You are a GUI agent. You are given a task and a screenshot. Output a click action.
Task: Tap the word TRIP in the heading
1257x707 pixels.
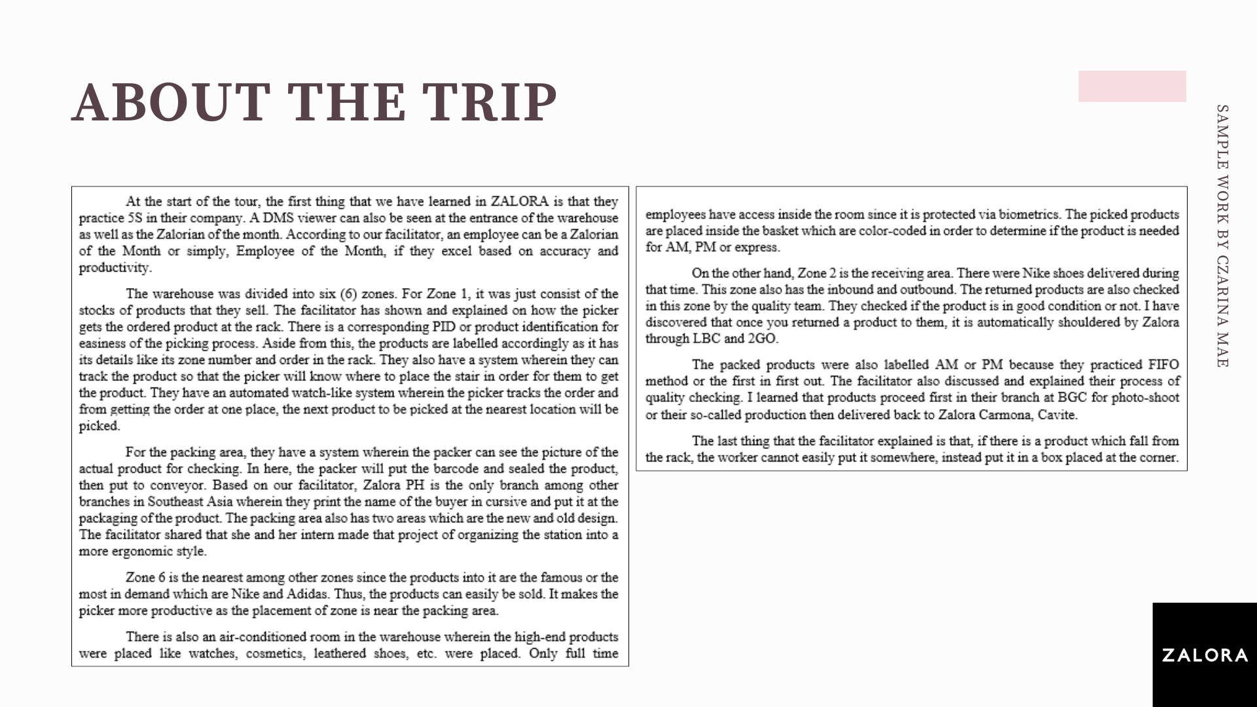pos(489,102)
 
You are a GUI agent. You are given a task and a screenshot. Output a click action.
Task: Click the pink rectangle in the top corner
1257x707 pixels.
pos(1132,86)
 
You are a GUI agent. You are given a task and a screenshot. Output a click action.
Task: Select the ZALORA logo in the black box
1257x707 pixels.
pos(1205,655)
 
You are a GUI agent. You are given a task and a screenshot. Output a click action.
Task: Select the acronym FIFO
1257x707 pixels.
pos(1163,365)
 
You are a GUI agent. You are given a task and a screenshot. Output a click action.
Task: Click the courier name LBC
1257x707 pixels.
pos(706,338)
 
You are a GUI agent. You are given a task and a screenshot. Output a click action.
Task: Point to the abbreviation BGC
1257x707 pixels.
pos(1072,397)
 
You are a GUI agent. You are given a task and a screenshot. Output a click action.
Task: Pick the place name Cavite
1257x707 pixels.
pos(1057,414)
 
